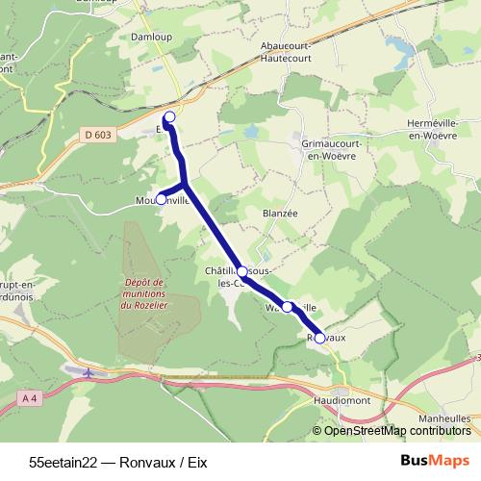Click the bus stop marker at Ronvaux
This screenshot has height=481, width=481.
320,338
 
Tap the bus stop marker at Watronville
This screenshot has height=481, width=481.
287,307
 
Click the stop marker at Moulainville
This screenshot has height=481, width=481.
161,200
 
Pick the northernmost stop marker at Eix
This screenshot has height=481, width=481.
170,117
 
